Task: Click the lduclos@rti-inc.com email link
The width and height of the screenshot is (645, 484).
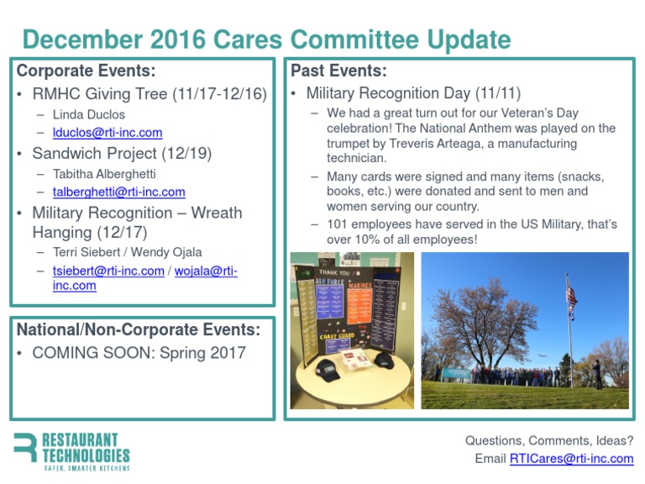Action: [x=107, y=133]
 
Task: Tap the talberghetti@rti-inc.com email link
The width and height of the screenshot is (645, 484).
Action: [x=118, y=192]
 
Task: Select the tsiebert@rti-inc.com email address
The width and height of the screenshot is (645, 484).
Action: [x=108, y=271]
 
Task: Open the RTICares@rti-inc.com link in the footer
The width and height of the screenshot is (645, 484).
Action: [x=571, y=459]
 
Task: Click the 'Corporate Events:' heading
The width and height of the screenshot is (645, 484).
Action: [x=86, y=71]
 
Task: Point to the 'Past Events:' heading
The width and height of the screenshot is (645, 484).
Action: [x=338, y=71]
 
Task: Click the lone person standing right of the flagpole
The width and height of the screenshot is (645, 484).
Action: [x=598, y=375]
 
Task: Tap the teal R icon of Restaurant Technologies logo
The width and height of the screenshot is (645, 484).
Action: [x=24, y=452]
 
